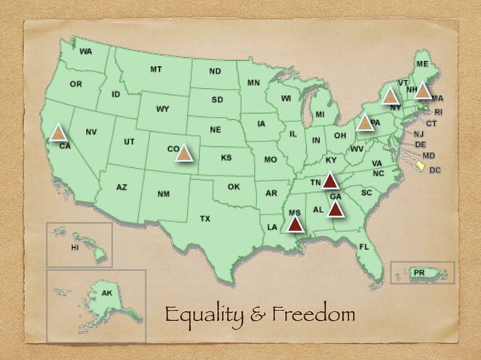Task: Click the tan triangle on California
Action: (58, 134)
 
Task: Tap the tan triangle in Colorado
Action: (184, 154)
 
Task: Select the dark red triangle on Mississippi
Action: (295, 223)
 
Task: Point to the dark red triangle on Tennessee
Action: (329, 182)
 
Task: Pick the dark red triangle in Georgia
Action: (335, 208)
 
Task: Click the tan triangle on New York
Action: (390, 96)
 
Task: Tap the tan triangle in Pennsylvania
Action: (365, 122)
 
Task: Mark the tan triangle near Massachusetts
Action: (422, 91)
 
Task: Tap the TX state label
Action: (204, 218)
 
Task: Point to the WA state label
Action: (86, 51)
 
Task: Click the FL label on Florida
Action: (363, 247)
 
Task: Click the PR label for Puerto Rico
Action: (419, 271)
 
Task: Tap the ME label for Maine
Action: (422, 64)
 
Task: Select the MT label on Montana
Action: (155, 69)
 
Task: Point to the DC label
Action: (435, 170)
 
